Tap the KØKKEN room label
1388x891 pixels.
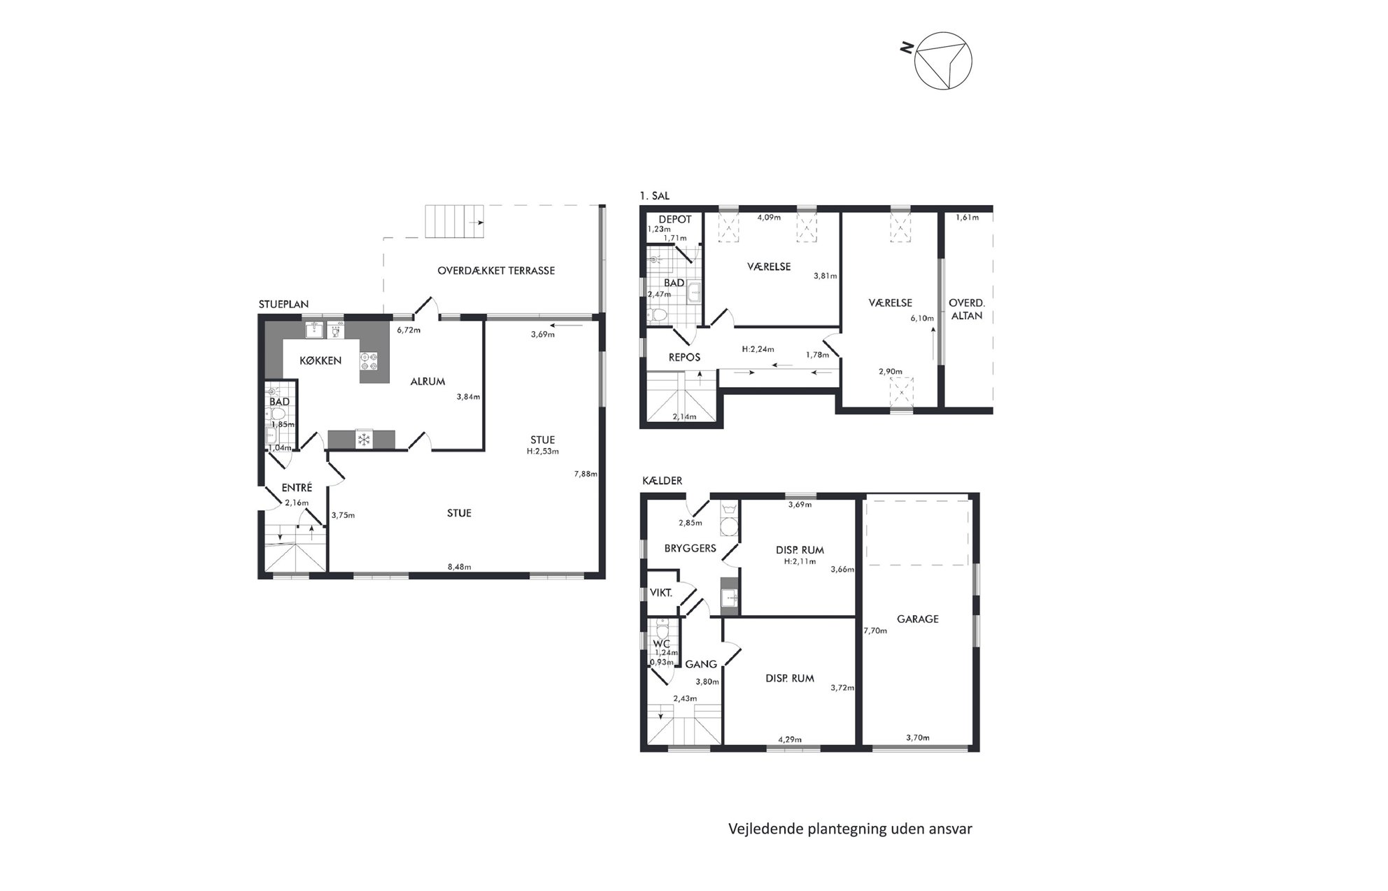coord(320,360)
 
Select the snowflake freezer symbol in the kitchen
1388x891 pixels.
coord(363,440)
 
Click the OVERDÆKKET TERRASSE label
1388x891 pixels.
coord(496,271)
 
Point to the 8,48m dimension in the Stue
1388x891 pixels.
coord(459,567)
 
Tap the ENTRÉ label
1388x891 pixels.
coord(297,487)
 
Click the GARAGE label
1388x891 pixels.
coord(918,619)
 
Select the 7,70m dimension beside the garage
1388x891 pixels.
coord(875,631)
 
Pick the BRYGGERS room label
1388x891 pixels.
coord(691,548)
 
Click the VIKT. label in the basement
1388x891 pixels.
coord(661,593)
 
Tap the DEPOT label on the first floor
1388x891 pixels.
coord(675,219)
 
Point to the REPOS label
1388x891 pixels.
coord(684,357)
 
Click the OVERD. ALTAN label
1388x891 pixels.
coord(966,309)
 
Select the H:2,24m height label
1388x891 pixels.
coord(758,349)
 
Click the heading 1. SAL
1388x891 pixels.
coord(655,196)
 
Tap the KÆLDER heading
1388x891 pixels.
coord(662,481)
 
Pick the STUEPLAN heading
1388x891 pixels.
coord(283,304)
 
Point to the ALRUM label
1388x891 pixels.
coord(427,381)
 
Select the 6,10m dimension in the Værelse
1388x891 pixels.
coord(922,318)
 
